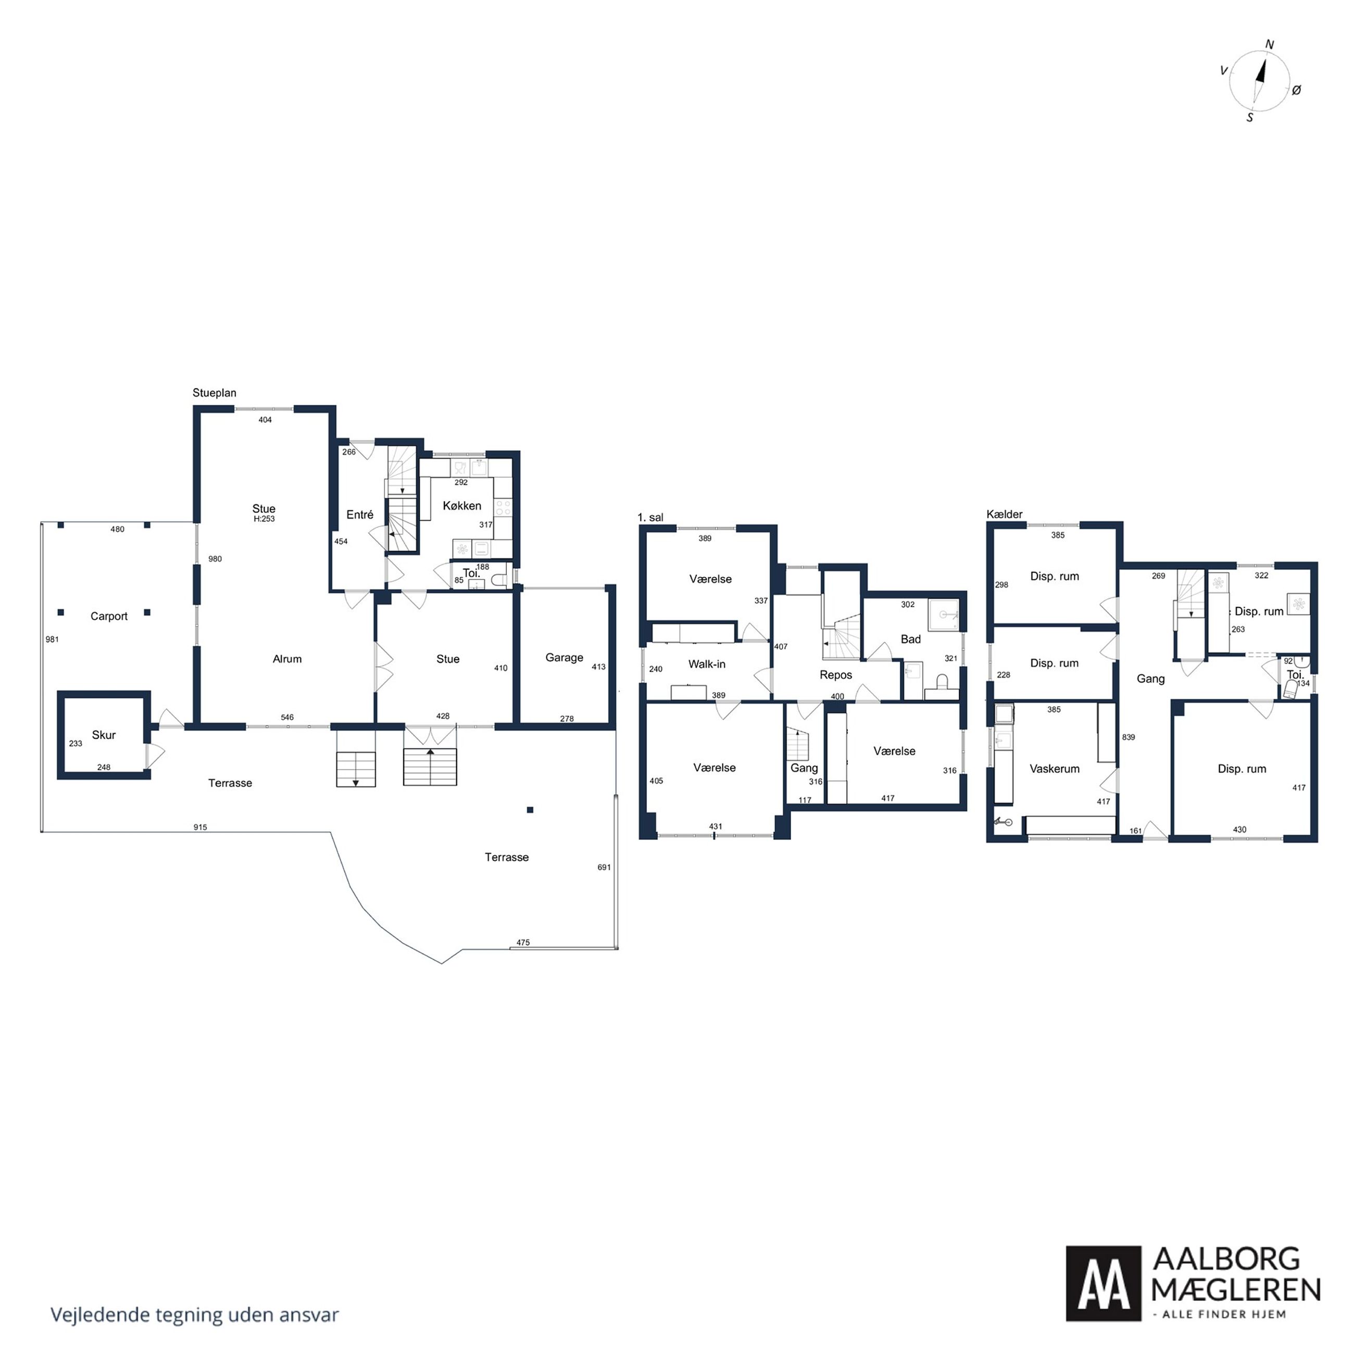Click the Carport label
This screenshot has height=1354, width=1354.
pos(109,616)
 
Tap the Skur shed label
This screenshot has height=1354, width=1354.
pos(104,734)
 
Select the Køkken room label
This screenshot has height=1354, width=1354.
pos(462,505)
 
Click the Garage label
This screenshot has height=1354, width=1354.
pos(564,657)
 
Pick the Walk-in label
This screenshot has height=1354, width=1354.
pos(707,663)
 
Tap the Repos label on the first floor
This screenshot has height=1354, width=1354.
pos(836,675)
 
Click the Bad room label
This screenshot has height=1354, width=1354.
pos(910,639)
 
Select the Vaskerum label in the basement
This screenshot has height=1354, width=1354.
pos(1054,769)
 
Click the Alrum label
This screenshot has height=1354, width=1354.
pos(287,659)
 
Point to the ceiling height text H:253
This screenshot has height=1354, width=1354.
pos(264,519)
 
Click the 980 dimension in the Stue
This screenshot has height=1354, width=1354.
pos(215,559)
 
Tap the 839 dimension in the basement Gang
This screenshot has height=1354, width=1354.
pos(1129,737)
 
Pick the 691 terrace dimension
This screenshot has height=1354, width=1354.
pos(604,868)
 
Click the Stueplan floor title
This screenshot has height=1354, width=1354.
pos(215,393)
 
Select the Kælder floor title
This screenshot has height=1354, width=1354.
pos(1004,515)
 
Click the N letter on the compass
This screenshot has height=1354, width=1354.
pos(1269,45)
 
